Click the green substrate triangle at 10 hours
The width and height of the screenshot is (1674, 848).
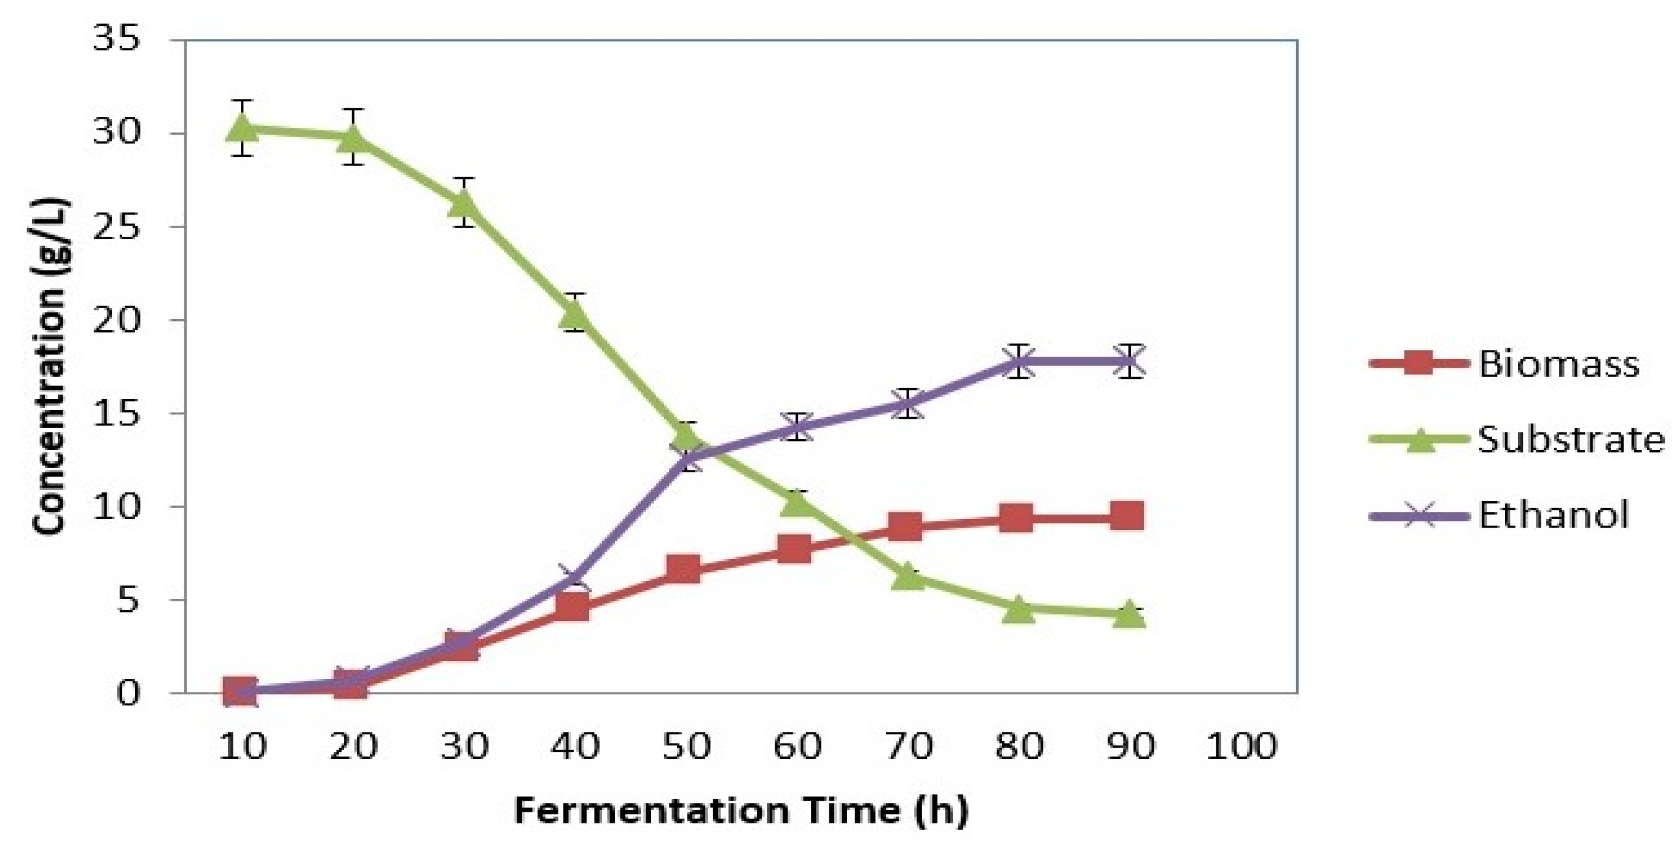pos(243,128)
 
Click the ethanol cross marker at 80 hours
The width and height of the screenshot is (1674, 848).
pos(1019,362)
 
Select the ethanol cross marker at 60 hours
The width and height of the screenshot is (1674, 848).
pos(797,427)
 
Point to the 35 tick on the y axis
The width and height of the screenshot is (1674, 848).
pos(117,41)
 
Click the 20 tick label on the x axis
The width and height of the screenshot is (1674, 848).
pos(353,746)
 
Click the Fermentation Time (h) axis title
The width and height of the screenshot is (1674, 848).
pos(741,810)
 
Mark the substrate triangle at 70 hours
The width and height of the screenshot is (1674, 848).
pos(908,576)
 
